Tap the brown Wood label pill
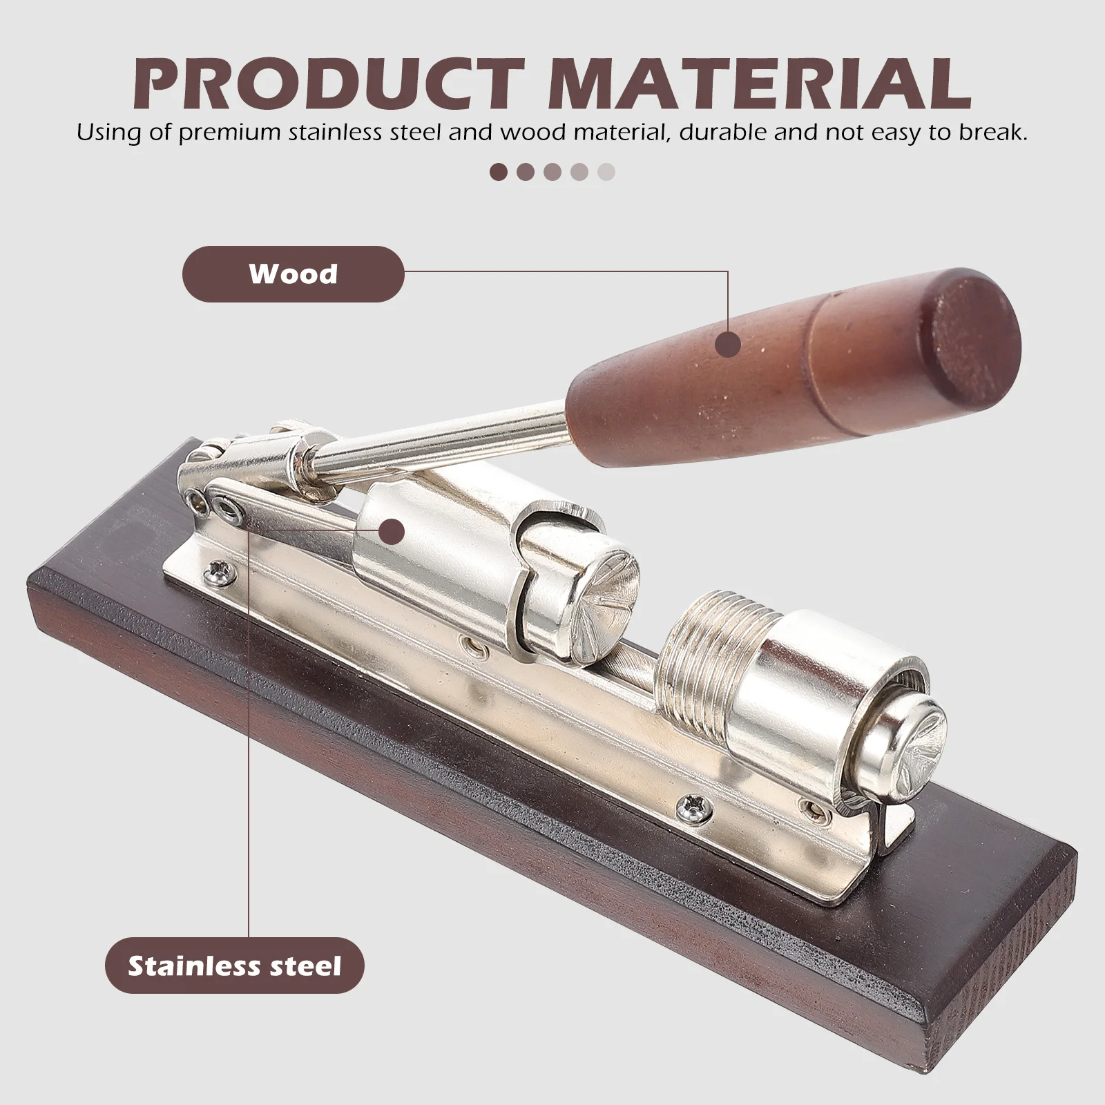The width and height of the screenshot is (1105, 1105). [x=293, y=274]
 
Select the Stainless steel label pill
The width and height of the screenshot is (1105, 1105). [x=234, y=965]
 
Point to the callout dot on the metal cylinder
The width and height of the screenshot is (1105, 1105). [x=392, y=532]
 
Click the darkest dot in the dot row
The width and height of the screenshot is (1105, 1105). [x=498, y=172]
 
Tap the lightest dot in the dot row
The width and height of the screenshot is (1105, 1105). [x=606, y=172]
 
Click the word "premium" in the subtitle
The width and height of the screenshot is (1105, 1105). [x=220, y=133]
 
